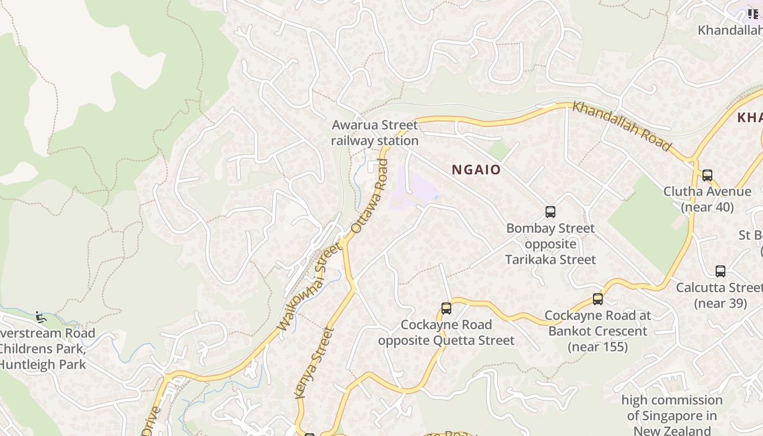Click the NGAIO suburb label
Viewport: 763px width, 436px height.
[476, 169]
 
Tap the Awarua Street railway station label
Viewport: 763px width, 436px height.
[375, 133]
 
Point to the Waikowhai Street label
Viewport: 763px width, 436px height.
[309, 287]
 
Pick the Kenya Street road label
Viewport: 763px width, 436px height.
[313, 362]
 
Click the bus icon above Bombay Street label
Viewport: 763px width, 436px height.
[550, 212]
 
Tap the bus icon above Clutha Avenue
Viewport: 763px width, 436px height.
[707, 175]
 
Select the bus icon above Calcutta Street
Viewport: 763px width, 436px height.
[720, 271]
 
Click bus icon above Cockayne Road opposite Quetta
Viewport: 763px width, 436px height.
[446, 308]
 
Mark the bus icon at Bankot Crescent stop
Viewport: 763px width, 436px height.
[598, 299]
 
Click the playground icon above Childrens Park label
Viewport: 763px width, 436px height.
[40, 317]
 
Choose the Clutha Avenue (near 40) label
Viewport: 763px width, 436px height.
[707, 199]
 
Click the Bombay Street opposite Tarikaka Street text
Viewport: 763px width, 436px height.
[550, 244]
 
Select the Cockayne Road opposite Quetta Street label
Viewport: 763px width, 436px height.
[446, 332]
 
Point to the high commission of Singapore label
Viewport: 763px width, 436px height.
[671, 415]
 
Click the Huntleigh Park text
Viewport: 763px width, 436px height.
[44, 364]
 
